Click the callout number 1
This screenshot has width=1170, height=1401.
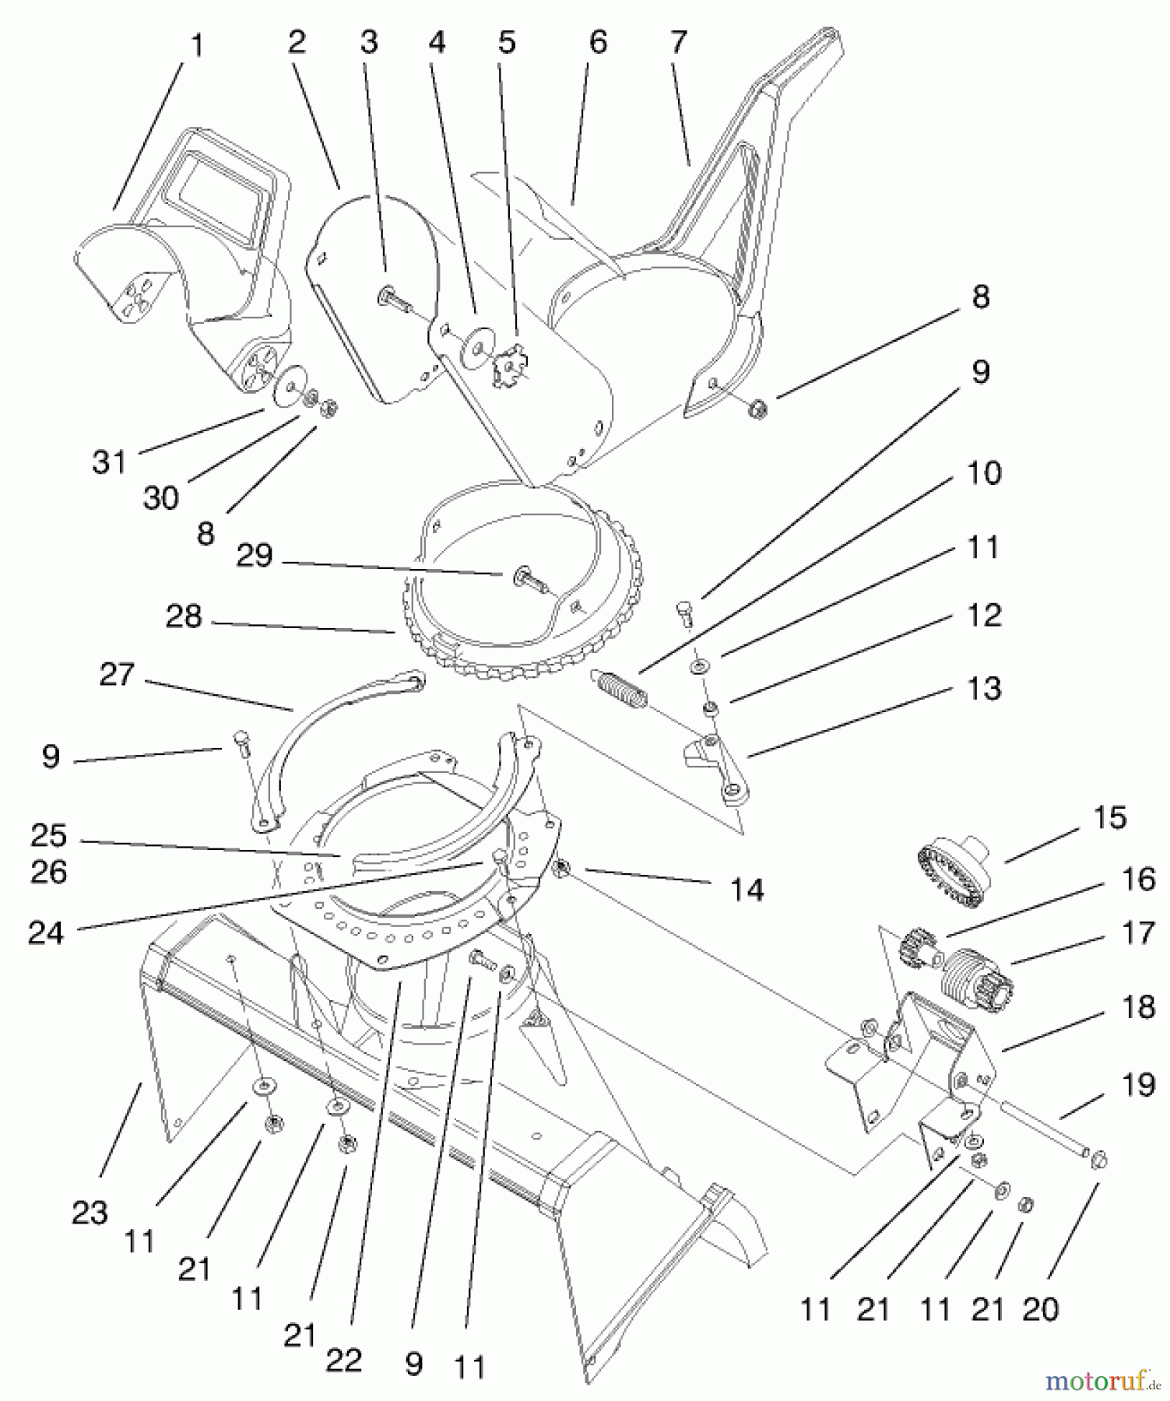click(x=197, y=47)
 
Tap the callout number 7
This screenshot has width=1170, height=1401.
click(x=678, y=42)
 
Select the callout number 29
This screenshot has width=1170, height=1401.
click(x=255, y=557)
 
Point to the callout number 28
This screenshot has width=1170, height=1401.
click(x=184, y=617)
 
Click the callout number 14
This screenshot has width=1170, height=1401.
click(x=747, y=889)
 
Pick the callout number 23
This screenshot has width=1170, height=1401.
click(x=89, y=1213)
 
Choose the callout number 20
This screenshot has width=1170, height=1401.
click(x=1040, y=1310)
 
